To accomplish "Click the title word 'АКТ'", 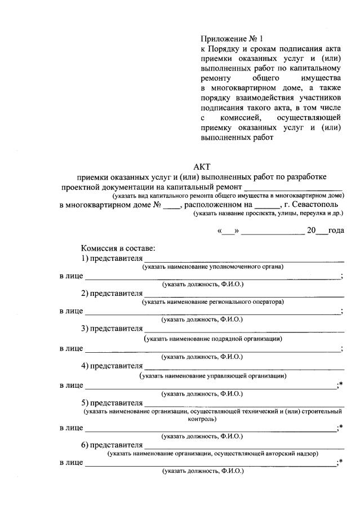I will tap(201, 167).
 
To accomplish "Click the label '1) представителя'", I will tap(111, 258).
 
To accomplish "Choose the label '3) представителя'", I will tap(111, 330).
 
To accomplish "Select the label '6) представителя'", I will tap(111, 445).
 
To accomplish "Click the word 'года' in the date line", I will tap(336, 230).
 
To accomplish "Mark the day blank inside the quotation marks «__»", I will tap(229, 231).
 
